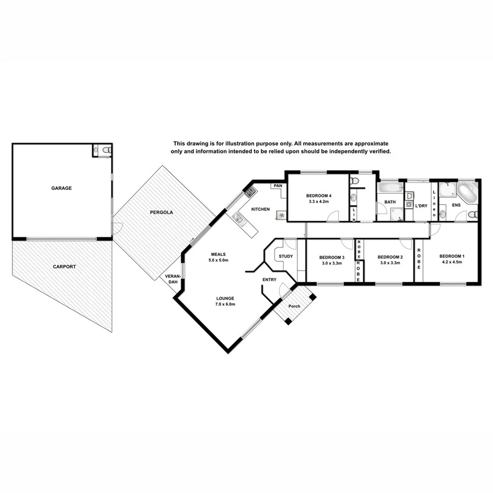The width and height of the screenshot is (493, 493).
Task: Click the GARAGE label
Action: click(61, 188)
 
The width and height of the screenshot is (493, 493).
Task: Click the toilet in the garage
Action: click(106, 150)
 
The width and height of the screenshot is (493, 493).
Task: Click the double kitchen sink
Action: click(239, 218)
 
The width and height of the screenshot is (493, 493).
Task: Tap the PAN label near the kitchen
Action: click(277, 186)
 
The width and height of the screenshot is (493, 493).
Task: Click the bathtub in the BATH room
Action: click(390, 188)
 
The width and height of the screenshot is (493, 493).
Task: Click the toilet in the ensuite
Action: click(473, 214)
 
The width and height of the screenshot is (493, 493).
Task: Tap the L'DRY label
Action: click(421, 205)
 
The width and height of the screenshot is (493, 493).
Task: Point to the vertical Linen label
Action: click(434, 203)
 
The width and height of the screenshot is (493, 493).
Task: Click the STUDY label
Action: click(286, 257)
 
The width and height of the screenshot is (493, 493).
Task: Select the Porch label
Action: click(294, 306)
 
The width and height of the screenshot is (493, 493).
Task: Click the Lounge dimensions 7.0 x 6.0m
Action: click(225, 304)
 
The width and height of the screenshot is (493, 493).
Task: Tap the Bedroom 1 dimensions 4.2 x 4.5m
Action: click(451, 262)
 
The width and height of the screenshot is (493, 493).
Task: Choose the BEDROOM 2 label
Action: click(390, 257)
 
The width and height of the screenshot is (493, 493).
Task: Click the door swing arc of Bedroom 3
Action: click(347, 244)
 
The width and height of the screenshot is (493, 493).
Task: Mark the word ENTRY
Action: click(269, 280)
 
